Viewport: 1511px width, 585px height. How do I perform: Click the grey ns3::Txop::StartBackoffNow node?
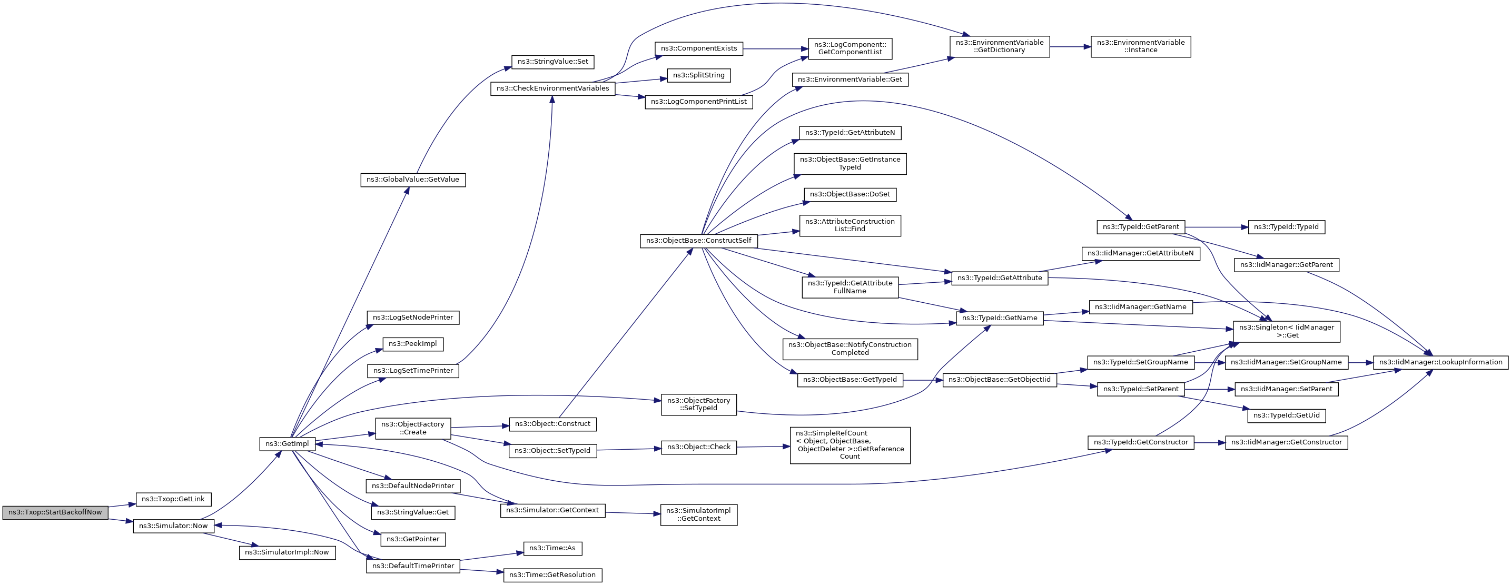(55, 512)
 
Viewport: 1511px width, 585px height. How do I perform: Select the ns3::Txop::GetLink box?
(173, 499)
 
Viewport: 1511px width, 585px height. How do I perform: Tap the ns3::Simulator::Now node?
(173, 526)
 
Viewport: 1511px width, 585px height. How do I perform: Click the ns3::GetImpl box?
(287, 444)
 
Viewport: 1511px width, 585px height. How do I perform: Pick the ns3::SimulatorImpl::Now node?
(287, 552)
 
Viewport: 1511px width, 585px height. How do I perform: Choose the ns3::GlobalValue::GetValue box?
(413, 180)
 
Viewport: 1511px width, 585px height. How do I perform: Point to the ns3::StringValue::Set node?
(552, 62)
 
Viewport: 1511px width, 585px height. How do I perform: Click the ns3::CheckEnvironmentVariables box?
(552, 88)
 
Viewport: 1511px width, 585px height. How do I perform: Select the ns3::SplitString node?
(698, 75)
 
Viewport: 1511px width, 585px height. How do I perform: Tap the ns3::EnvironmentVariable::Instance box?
(1140, 46)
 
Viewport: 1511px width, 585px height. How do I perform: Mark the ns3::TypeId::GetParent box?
(1140, 227)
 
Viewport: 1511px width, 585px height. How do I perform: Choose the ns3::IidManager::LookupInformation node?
(1440, 362)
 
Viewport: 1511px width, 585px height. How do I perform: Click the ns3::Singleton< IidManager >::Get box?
(1286, 332)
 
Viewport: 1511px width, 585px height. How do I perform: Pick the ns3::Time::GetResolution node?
(552, 575)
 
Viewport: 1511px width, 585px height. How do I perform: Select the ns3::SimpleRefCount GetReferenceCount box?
(850, 445)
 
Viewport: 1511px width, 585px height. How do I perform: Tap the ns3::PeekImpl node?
(413, 344)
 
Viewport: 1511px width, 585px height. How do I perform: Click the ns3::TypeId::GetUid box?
(1286, 415)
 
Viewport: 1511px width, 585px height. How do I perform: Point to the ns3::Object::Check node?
(698, 447)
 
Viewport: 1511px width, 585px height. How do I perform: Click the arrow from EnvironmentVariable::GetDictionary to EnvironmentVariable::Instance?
(1070, 46)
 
